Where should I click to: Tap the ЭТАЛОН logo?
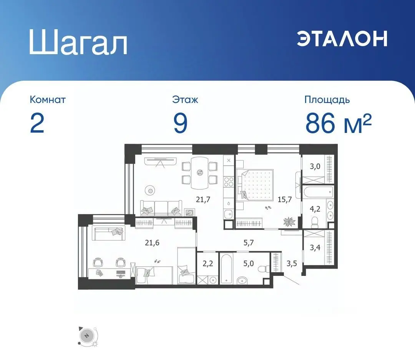(x=342, y=38)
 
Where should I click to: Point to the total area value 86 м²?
(x=338, y=123)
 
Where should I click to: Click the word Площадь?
(x=327, y=100)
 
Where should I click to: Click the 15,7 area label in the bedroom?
(x=285, y=199)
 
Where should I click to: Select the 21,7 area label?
(x=203, y=199)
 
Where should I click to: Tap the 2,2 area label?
(x=208, y=264)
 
